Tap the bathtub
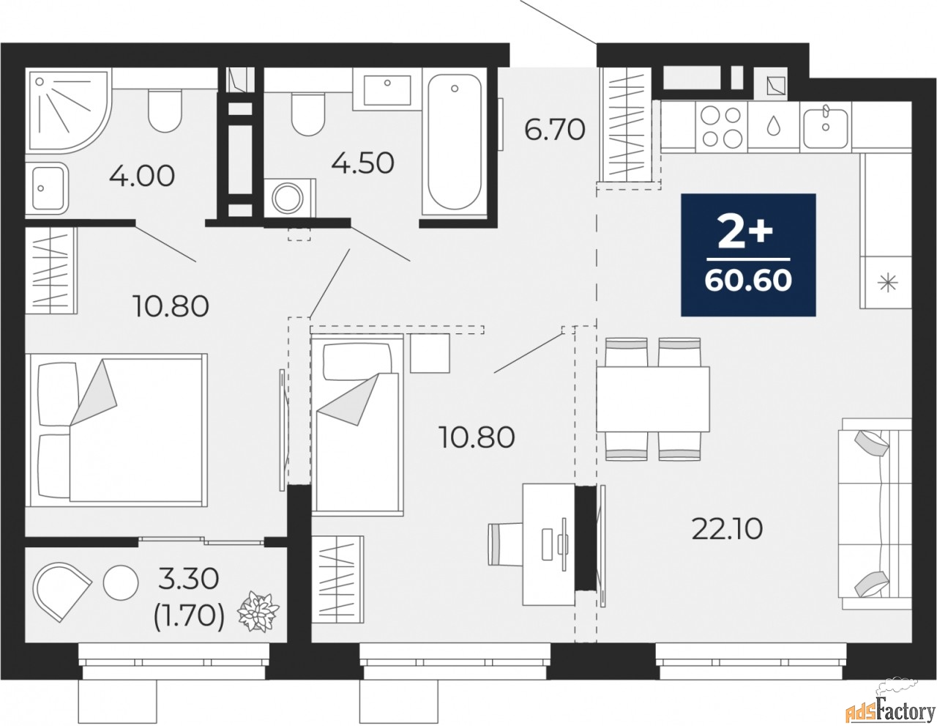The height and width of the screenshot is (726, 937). tap(455, 144)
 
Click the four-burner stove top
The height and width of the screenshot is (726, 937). tap(721, 127)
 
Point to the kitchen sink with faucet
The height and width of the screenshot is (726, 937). tap(825, 127)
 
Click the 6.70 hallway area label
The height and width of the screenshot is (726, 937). tap(555, 130)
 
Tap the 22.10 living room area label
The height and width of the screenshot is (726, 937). tap(728, 529)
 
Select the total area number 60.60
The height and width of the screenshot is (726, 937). tap(748, 281)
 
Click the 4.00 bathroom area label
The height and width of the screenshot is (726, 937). tap(142, 176)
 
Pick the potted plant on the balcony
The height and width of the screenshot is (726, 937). tap(258, 612)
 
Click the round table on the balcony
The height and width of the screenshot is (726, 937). tap(121, 582)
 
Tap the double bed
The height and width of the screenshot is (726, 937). tap(116, 430)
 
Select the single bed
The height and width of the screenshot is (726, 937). tap(357, 424)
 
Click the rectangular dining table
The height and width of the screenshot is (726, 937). tap(653, 399)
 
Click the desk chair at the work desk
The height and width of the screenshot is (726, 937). tap(505, 544)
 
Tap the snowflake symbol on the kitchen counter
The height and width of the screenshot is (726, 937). tap(888, 284)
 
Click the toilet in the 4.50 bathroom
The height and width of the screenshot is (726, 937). tap(307, 114)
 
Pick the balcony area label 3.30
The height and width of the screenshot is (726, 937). tap(188, 579)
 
